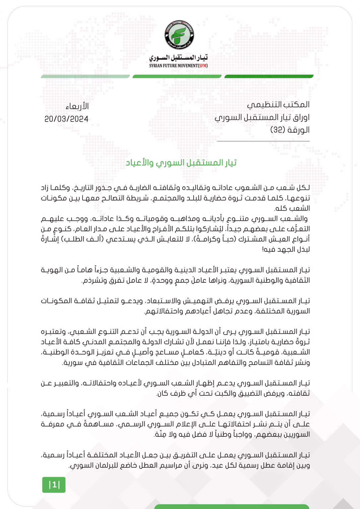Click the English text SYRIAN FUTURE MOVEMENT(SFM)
click(178, 66)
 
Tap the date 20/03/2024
click(66, 119)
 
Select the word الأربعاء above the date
click(77, 106)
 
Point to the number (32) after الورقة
click(278, 130)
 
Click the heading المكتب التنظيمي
click(278, 105)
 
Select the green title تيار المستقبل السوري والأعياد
click(181, 163)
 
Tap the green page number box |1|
click(54, 485)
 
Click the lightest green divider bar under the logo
click(85, 77)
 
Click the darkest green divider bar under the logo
click(269, 77)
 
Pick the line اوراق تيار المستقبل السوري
click(262, 117)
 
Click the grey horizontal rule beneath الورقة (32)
click(263, 141)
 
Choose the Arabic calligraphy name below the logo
click(178, 58)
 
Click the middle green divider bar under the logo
click(177, 77)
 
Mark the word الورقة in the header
click(298, 130)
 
